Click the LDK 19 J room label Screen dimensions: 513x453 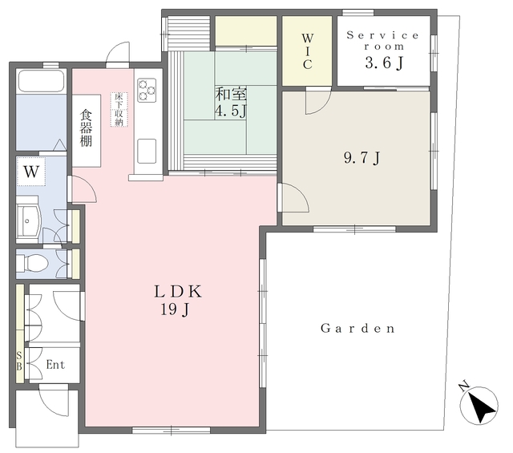pos(178,301)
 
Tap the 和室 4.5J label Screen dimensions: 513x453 pos(231,103)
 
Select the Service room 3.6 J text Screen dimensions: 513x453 pos(383,50)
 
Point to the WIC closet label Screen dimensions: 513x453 pos(307,51)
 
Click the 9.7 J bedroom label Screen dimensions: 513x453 pos(362,159)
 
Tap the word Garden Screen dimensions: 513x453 pos(358,328)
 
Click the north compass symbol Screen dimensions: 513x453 pos(479,405)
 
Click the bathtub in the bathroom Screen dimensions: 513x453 pos(41,81)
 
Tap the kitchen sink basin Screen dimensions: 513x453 pos(147,151)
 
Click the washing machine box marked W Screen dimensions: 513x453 pos(31,172)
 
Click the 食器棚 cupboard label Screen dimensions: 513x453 pos(86,128)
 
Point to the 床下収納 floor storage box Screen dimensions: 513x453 pos(119,109)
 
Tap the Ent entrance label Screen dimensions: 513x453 pos(55,364)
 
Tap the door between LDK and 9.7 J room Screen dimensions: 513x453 pos(293,197)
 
